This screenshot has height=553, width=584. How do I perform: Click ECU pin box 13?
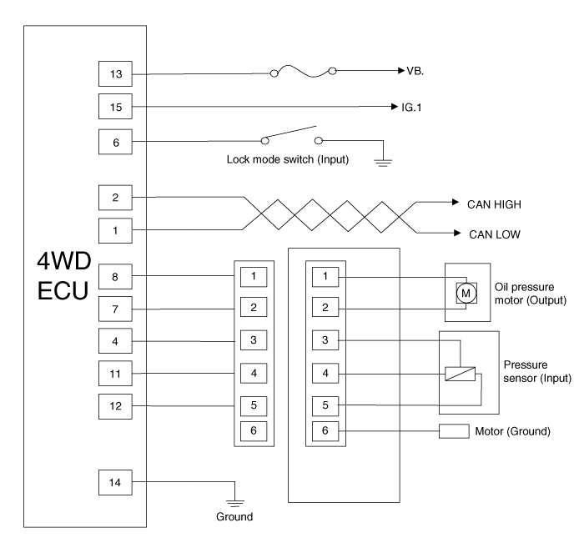click(115, 73)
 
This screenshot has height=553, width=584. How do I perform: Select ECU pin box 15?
click(115, 107)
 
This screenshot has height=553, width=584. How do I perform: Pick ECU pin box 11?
click(115, 372)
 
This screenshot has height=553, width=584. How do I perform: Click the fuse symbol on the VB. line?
click(304, 73)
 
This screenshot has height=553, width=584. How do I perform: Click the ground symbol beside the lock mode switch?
click(384, 159)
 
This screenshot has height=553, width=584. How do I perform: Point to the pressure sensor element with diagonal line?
click(461, 375)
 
